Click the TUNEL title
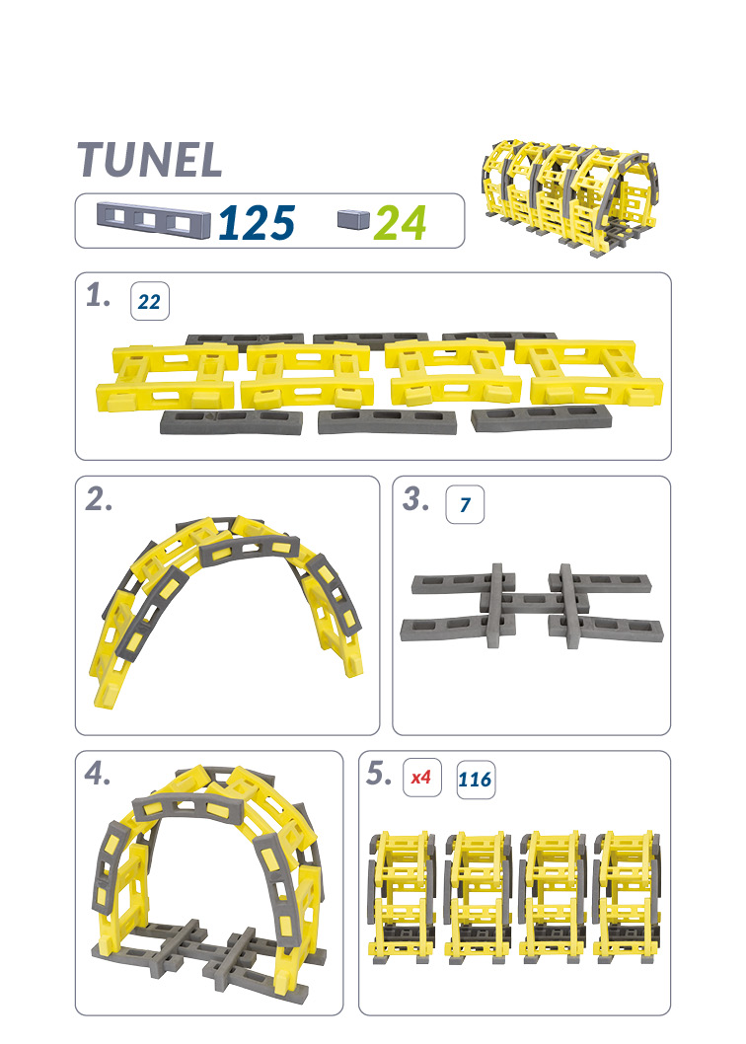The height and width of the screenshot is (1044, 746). (x=150, y=160)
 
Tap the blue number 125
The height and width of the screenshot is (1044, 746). (x=257, y=222)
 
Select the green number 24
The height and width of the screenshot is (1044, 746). (x=401, y=222)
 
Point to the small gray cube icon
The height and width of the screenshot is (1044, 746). (x=353, y=218)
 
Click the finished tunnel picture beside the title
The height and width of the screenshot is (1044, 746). (x=570, y=197)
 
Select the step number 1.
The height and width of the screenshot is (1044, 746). (x=98, y=296)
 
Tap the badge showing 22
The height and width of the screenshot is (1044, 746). (x=150, y=302)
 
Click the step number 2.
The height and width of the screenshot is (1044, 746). (x=100, y=499)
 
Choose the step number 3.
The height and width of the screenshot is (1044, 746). (x=416, y=499)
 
